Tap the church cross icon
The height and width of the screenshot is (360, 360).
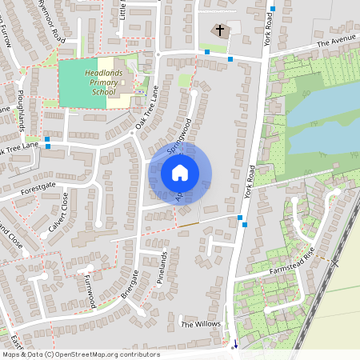coord(220,31)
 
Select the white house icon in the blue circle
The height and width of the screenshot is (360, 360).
coord(180,172)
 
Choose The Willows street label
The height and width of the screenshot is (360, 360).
coord(200,324)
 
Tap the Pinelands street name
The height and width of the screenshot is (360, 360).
coord(163,270)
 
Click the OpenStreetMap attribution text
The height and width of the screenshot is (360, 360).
coord(80,354)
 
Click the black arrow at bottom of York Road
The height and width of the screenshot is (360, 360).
coord(235,345)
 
